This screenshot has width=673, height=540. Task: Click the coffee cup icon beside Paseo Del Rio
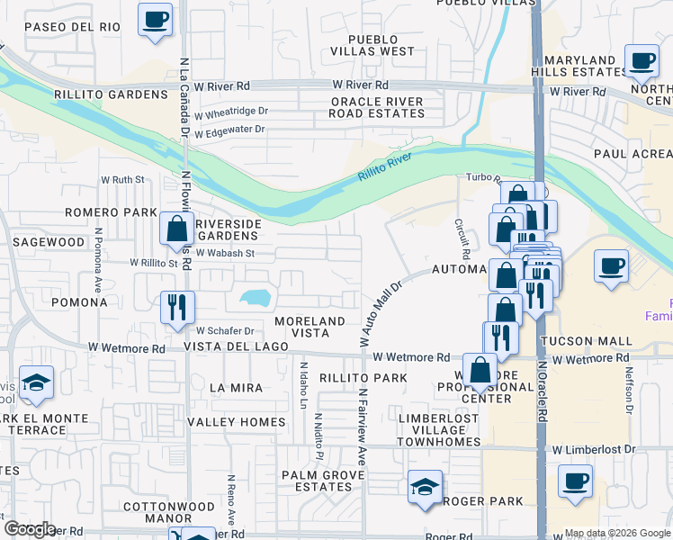(156, 19)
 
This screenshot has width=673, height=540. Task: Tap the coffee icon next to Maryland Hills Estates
(642, 61)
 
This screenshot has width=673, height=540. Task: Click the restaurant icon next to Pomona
(177, 307)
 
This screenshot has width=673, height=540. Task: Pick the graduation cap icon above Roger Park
(425, 488)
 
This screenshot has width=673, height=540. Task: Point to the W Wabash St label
(226, 254)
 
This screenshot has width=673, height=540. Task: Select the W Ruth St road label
(122, 180)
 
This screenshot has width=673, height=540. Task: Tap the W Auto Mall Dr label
(380, 313)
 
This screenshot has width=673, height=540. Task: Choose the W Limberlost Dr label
(594, 449)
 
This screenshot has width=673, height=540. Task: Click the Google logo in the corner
(30, 529)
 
